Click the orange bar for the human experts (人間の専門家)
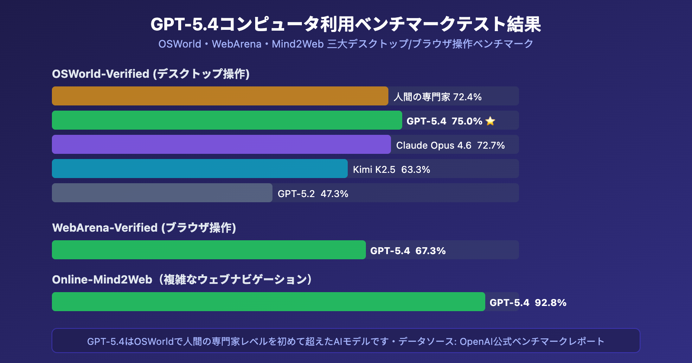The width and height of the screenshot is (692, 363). (220, 96)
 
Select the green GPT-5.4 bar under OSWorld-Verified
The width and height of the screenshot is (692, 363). (227, 120)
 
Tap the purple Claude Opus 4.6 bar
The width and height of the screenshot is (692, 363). (221, 144)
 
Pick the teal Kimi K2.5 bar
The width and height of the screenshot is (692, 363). (199, 169)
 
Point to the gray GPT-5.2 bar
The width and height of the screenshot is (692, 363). (162, 193)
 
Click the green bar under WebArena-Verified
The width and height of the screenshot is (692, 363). (208, 250)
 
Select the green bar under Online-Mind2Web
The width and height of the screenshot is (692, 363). (268, 302)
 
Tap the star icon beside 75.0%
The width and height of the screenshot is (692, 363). (490, 121)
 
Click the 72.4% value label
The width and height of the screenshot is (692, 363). (467, 97)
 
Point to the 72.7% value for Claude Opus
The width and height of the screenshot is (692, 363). (491, 145)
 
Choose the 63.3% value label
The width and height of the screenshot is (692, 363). (416, 169)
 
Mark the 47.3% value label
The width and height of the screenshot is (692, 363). (334, 194)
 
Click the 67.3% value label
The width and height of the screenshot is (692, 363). (430, 251)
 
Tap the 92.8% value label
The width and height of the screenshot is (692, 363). (550, 302)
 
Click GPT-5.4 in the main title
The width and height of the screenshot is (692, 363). (185, 24)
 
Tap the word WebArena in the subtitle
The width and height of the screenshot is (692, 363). (237, 44)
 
